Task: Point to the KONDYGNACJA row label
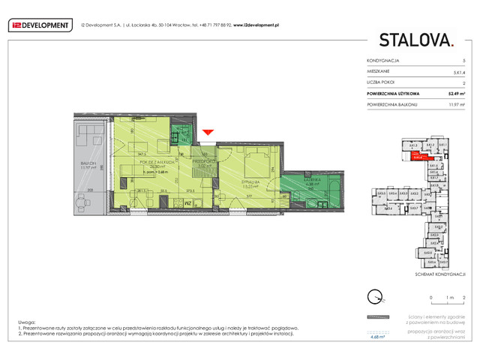(383, 60)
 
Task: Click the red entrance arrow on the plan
(208, 133)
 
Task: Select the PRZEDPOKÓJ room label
(204, 160)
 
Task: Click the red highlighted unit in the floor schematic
(418, 157)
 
